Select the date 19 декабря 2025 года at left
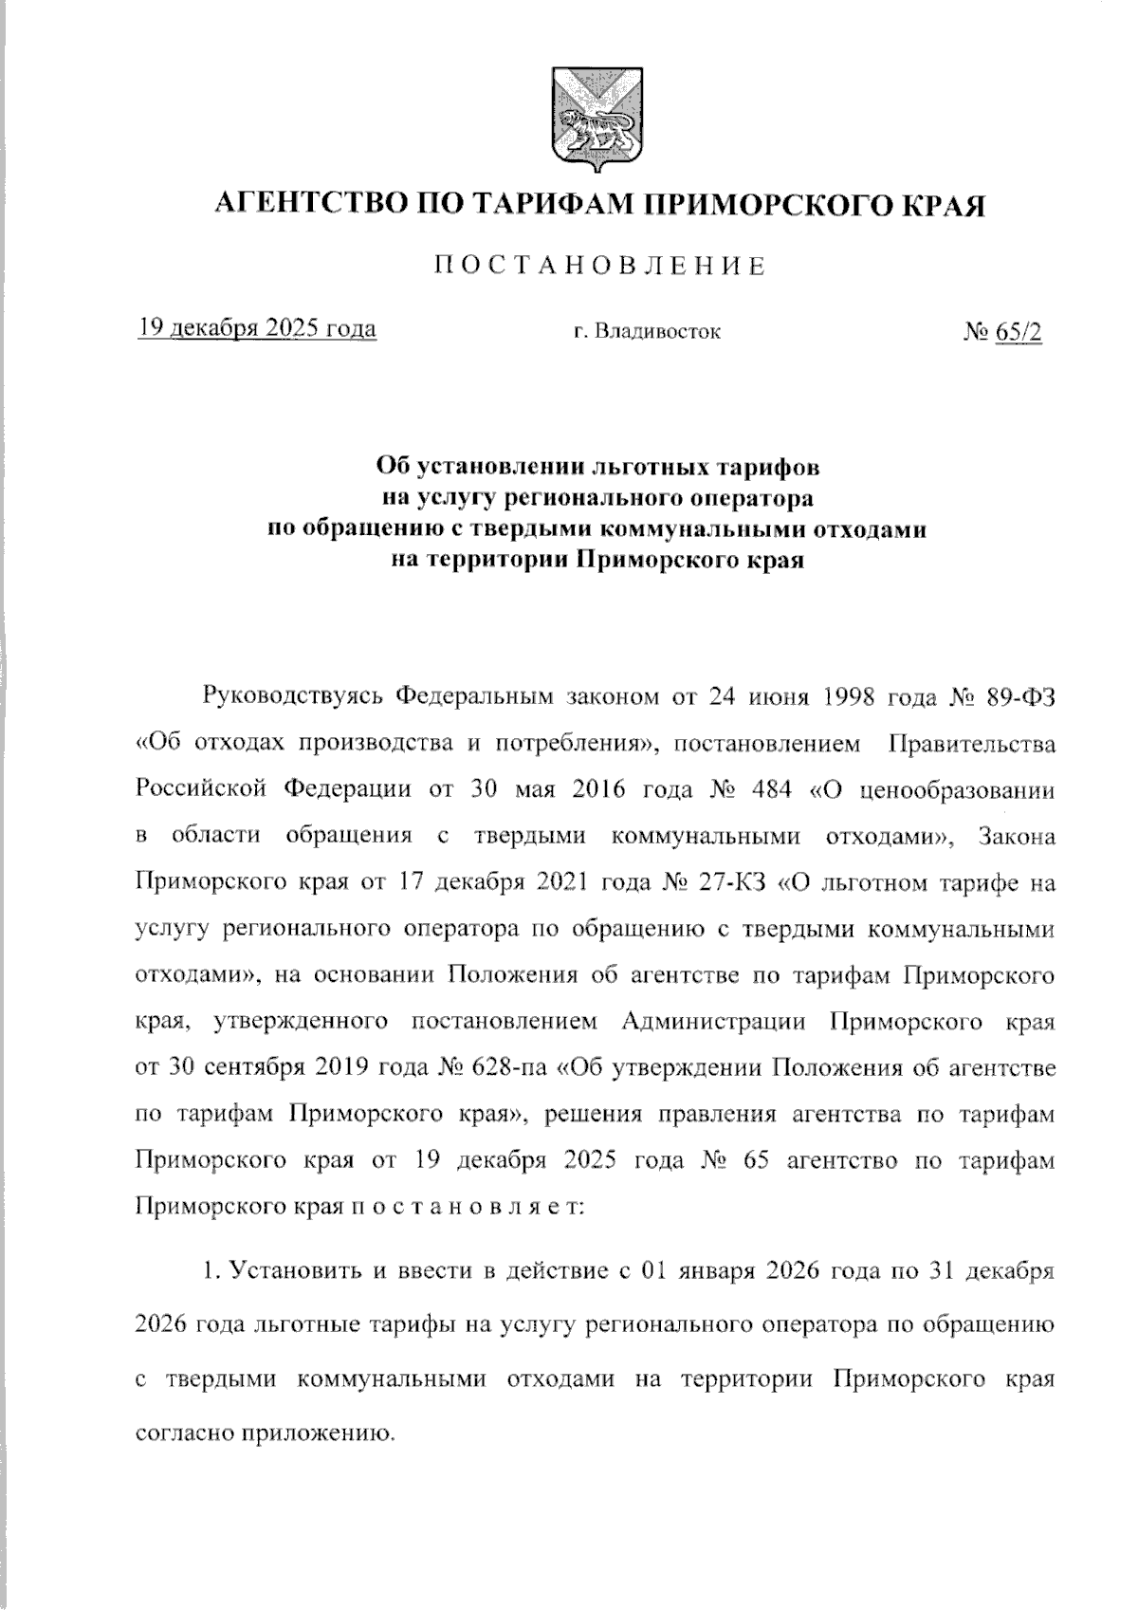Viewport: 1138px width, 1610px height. click(x=256, y=329)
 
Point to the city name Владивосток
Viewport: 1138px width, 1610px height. click(x=656, y=332)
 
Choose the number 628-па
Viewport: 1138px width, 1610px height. click(x=506, y=1067)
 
